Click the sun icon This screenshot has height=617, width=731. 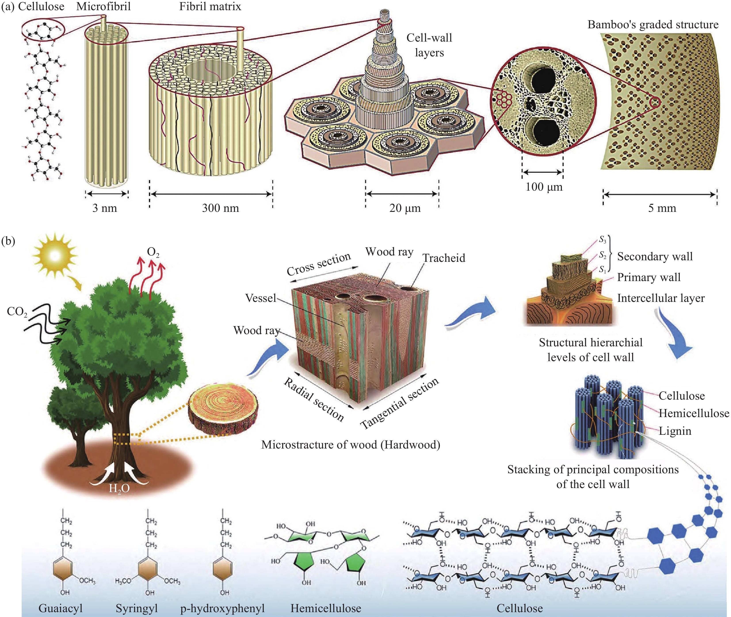click(x=54, y=256)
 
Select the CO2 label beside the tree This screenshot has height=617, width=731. click(x=17, y=311)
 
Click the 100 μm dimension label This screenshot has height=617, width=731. click(x=544, y=187)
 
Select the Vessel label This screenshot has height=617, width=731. click(x=260, y=298)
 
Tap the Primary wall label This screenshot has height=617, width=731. click(x=649, y=277)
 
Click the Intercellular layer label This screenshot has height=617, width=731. click(x=661, y=298)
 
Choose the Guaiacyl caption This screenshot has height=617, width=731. click(x=61, y=608)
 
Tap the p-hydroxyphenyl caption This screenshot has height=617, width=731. click(x=222, y=608)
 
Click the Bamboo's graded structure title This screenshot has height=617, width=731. click(x=653, y=25)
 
